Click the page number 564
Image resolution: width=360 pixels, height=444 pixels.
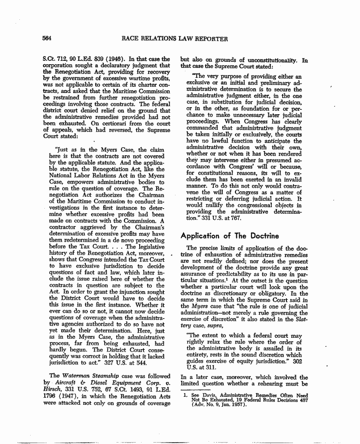point(47,39)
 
